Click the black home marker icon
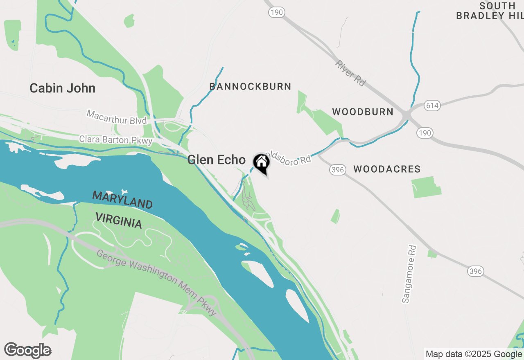261,163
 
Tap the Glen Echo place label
216,160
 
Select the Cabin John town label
63,88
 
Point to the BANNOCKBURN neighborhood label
250,86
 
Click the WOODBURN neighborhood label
363,112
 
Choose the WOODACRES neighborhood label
387,169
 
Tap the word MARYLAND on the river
122,199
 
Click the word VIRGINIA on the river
119,220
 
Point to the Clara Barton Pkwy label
116,140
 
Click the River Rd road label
350,73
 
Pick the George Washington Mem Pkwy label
156,283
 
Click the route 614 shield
432,106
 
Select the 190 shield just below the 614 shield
425,133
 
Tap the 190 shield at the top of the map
277,12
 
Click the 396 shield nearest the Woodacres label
338,170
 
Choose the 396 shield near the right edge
476,271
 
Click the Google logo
27,350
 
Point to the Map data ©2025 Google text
474,354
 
